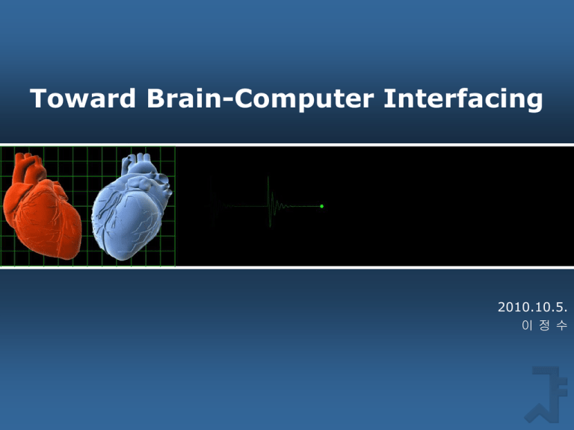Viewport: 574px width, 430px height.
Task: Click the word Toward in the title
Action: click(x=83, y=99)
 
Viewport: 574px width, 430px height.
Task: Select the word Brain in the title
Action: click(x=184, y=99)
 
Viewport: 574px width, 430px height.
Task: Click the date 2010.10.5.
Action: click(x=532, y=307)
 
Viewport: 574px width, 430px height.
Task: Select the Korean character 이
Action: click(x=527, y=325)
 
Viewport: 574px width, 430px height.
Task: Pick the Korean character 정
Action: click(x=544, y=325)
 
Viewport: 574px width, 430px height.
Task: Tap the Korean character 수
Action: click(x=562, y=325)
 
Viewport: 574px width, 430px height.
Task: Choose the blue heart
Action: click(x=128, y=212)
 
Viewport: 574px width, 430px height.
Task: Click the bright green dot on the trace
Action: click(x=322, y=206)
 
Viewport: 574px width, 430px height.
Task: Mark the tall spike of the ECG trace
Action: click(x=269, y=201)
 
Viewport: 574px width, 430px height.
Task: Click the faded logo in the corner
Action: click(x=546, y=395)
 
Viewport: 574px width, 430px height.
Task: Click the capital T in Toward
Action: click(x=37, y=99)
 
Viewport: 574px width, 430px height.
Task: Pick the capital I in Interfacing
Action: click(x=388, y=99)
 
